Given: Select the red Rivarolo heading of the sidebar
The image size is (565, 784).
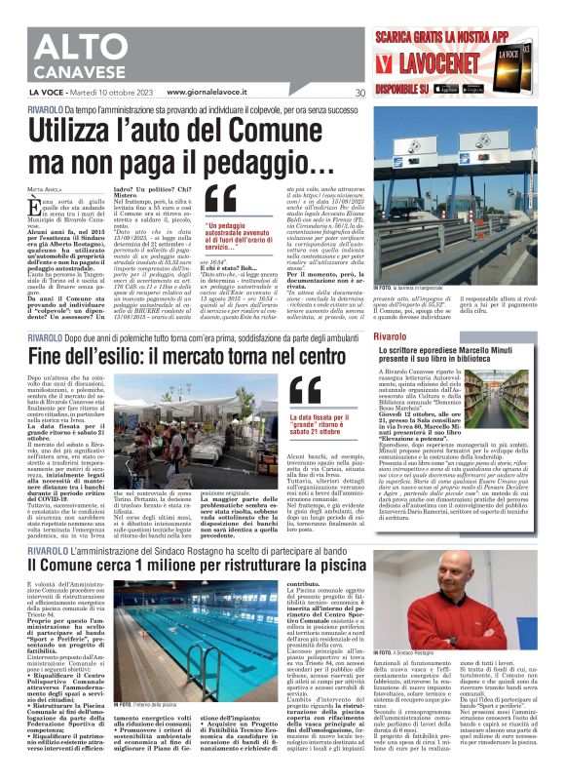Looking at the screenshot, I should tap(396, 309).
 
